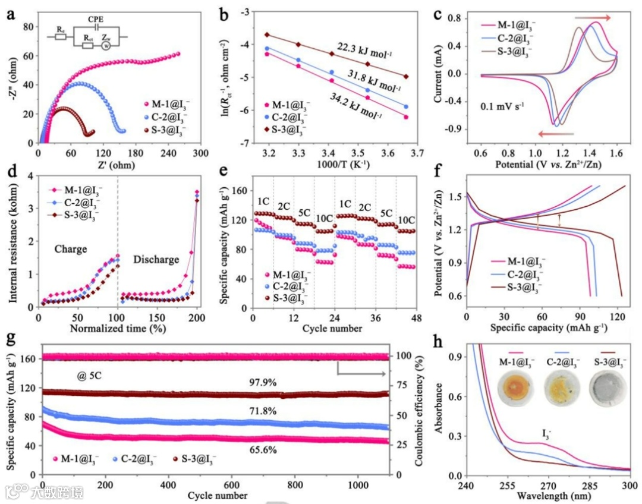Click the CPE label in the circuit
click(x=96, y=20)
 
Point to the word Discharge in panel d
click(x=156, y=260)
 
